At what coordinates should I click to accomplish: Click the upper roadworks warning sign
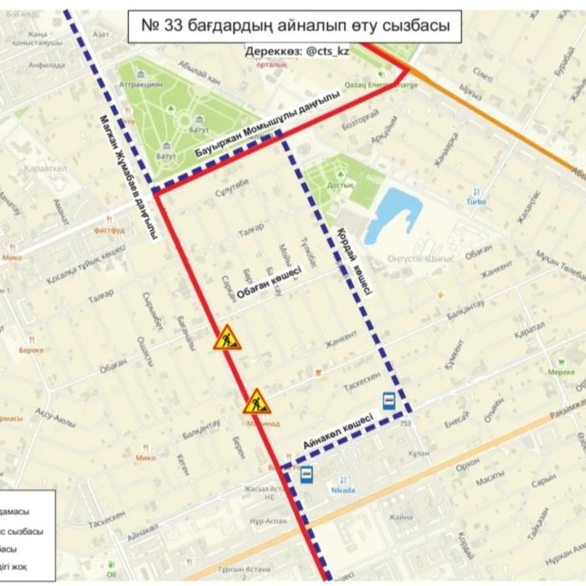point(226,338)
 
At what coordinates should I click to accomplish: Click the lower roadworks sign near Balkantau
point(257,403)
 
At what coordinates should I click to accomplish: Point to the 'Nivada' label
point(343,490)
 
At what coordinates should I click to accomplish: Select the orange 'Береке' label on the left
point(31,350)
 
